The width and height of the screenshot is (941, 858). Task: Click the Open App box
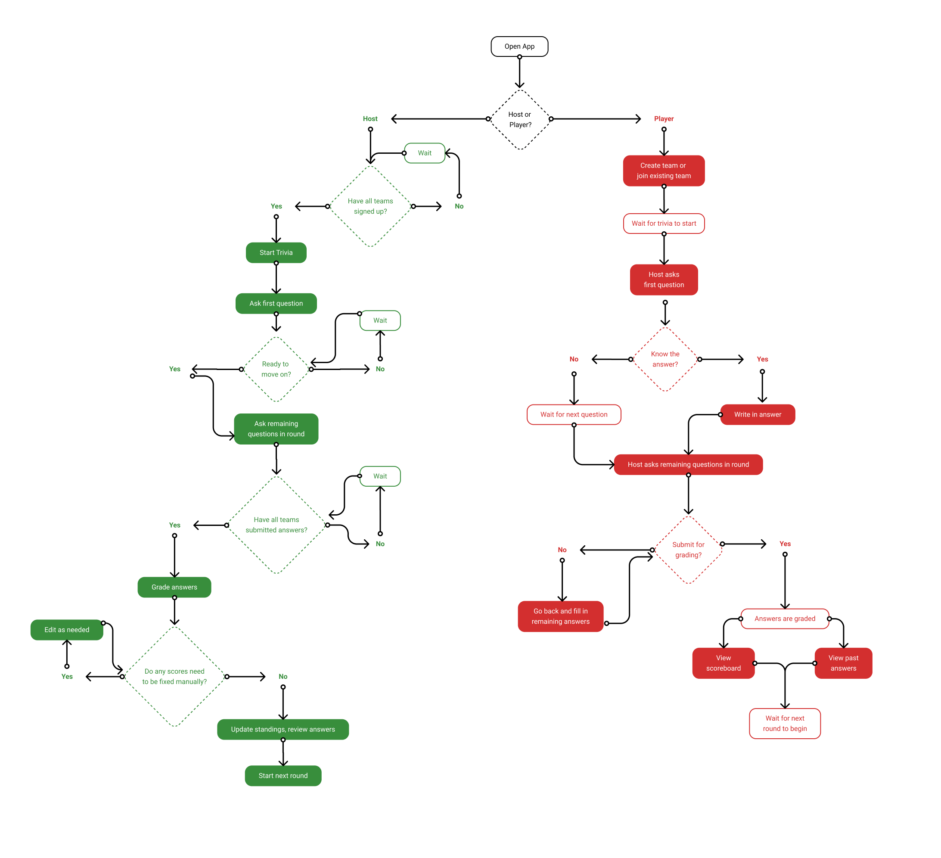pyautogui.click(x=519, y=47)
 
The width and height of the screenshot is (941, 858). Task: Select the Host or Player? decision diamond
pyautogui.click(x=520, y=119)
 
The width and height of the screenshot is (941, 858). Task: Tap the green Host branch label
pyautogui.click(x=370, y=118)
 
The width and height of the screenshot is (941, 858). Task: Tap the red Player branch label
pyautogui.click(x=664, y=118)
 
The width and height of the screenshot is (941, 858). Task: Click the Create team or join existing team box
pyautogui.click(x=663, y=171)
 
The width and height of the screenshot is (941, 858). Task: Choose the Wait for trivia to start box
pyautogui.click(x=663, y=224)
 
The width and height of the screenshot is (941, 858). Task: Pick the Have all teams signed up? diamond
pyautogui.click(x=370, y=206)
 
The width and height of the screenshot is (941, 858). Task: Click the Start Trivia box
pyautogui.click(x=276, y=252)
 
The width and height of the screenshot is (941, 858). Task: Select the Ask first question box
pyautogui.click(x=276, y=303)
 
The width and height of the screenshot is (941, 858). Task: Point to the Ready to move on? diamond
pyautogui.click(x=276, y=369)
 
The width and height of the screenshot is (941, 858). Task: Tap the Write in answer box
pyautogui.click(x=757, y=414)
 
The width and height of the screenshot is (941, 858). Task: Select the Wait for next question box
pyautogui.click(x=574, y=414)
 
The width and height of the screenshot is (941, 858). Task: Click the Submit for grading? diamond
pyautogui.click(x=688, y=550)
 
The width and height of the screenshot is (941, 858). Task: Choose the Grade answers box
pyautogui.click(x=174, y=587)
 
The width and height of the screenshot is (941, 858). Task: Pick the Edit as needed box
pyautogui.click(x=67, y=630)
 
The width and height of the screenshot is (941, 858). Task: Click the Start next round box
pyautogui.click(x=283, y=776)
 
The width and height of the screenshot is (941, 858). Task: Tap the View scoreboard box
pyautogui.click(x=723, y=663)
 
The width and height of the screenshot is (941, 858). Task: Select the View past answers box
pyautogui.click(x=843, y=663)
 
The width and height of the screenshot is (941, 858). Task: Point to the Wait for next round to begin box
pyautogui.click(x=785, y=724)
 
